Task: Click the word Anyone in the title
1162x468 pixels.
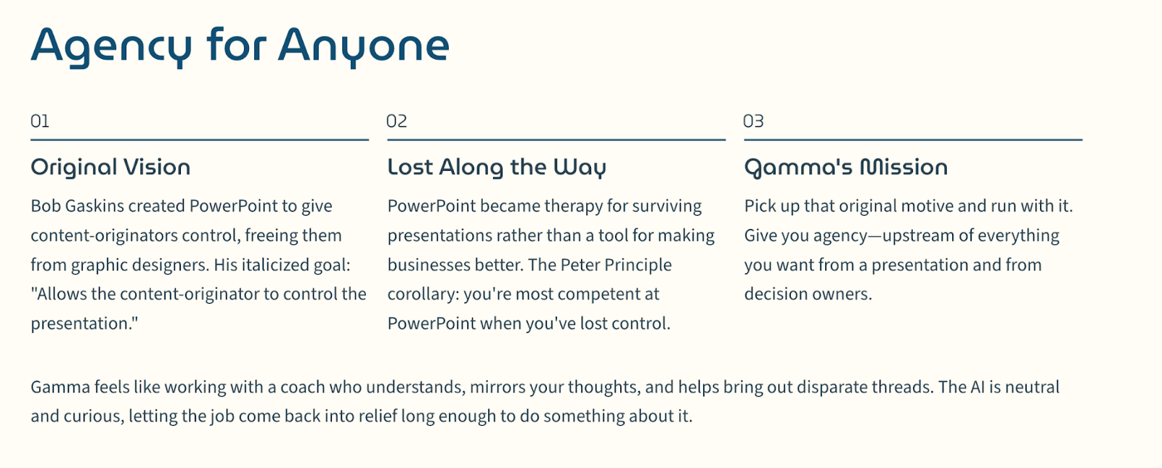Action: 364,47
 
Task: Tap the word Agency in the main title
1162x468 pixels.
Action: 112,47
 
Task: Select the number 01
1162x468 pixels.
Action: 40,121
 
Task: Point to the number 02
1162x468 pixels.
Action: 397,121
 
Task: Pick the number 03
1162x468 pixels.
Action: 754,121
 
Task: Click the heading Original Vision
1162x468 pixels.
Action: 110,167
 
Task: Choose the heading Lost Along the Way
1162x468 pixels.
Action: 497,168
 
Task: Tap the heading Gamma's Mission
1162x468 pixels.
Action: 846,168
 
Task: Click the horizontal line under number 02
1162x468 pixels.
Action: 556,140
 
